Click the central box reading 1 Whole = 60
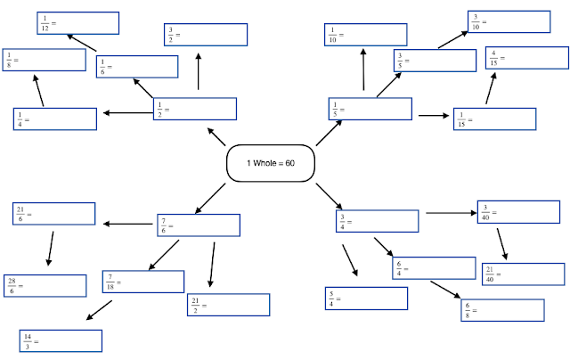[271, 162]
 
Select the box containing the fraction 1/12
[77, 23]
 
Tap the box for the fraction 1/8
[44, 60]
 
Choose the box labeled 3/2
[205, 33]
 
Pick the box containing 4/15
[525, 58]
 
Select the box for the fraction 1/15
[493, 118]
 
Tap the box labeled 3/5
[435, 60]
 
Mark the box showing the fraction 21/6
[53, 214]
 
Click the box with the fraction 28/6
[45, 284]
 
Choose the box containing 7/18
[143, 282]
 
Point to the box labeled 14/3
[61, 340]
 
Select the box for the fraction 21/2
[228, 305]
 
